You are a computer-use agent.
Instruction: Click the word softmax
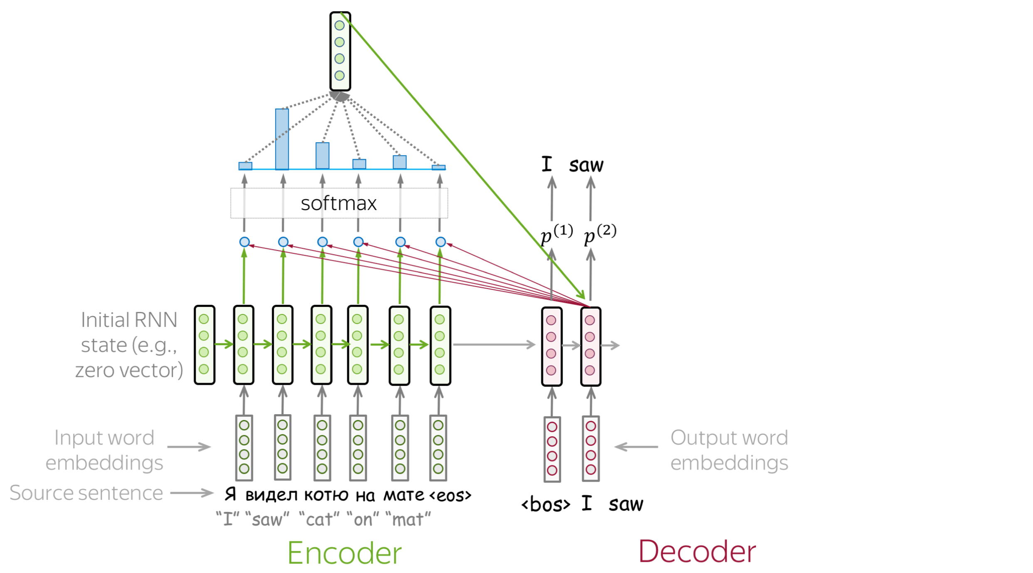[x=339, y=203]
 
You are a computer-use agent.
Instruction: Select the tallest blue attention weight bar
[x=282, y=139]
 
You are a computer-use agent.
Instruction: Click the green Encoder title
[x=344, y=553]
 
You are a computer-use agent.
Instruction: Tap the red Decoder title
[x=697, y=552]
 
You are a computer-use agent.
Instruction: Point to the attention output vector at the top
[x=340, y=51]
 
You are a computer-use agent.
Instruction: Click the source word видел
[x=271, y=495]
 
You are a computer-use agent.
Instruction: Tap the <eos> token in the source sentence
[x=450, y=495]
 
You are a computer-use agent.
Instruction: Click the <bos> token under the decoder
[x=546, y=504]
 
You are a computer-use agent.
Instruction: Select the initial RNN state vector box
[x=204, y=345]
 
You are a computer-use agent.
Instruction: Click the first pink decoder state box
[x=552, y=346]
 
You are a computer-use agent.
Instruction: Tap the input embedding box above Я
[x=244, y=447]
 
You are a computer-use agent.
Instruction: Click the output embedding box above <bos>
[x=552, y=449]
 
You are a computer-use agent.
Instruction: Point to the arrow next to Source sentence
[x=192, y=493]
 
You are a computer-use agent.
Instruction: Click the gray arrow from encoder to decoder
[x=494, y=344]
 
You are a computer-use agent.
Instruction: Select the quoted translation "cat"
[x=319, y=519]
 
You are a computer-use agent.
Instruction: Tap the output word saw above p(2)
[x=586, y=165]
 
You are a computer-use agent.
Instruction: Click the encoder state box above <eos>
[x=440, y=346]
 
